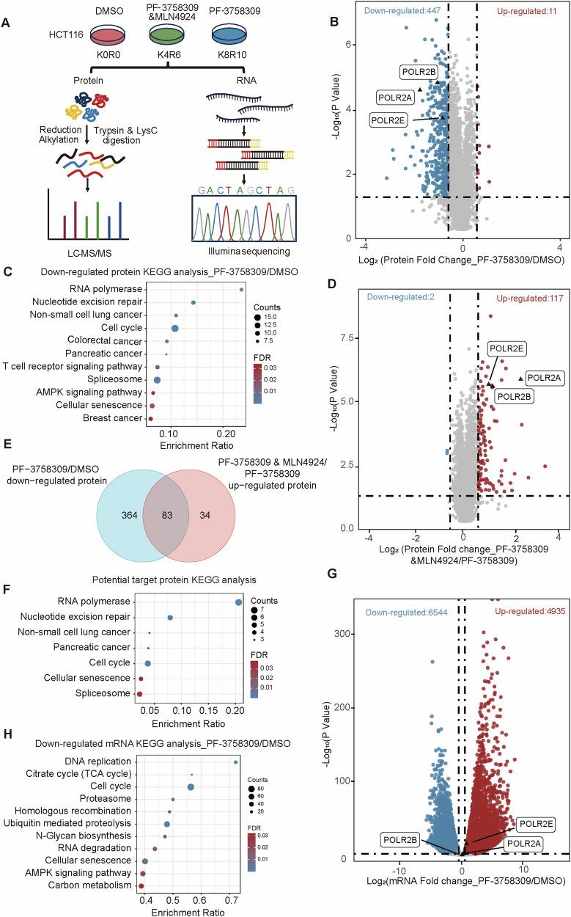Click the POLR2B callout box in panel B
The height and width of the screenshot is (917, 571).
pos(419,71)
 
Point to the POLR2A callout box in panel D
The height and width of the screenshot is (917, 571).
pos(543,378)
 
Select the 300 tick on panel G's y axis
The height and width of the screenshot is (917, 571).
pos(361,633)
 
